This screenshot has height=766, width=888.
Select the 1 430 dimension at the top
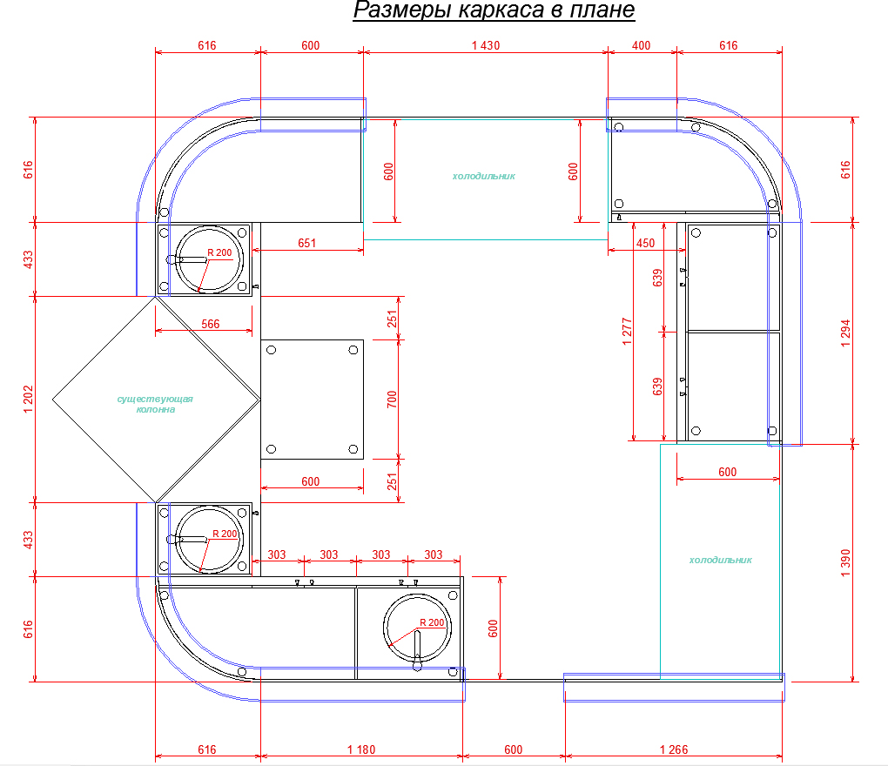[x=486, y=45]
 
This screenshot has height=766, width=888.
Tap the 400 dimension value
[x=641, y=45]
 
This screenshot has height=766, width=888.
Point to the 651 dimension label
[x=307, y=243]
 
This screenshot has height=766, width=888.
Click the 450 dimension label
[x=646, y=243]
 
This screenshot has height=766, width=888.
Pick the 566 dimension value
[x=211, y=324]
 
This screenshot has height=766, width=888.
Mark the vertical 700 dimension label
[x=392, y=400]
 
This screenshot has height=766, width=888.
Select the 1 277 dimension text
[x=627, y=331]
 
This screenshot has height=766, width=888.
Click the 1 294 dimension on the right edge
[x=845, y=333]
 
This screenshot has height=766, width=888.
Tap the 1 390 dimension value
[x=845, y=563]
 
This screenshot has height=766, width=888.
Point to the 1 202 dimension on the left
[x=29, y=400]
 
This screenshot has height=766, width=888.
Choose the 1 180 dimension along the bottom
[x=361, y=749]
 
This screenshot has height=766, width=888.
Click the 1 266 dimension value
[x=674, y=749]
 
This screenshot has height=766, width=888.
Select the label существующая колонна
[x=155, y=404]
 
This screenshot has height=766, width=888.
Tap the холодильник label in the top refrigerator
[x=484, y=176]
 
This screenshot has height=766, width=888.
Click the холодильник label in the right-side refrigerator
[x=720, y=560]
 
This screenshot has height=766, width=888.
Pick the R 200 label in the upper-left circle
[x=219, y=252]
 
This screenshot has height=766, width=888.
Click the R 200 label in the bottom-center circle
[x=432, y=622]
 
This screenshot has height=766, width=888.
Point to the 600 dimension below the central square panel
[x=310, y=481]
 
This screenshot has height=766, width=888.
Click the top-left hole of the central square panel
[x=272, y=350]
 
